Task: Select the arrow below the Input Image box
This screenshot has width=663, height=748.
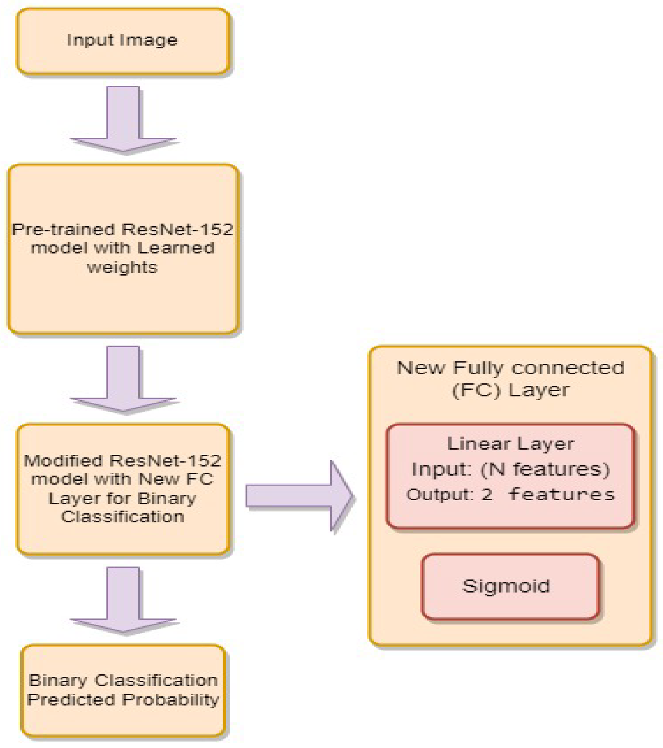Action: [123, 119]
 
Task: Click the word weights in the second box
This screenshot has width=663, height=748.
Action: [122, 267]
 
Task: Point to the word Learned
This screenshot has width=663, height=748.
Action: [176, 248]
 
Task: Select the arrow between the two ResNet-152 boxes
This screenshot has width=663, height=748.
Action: [123, 379]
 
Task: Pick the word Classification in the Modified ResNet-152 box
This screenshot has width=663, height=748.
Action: [123, 517]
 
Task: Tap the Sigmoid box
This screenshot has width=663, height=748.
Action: [510, 586]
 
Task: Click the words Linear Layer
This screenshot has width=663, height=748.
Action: [510, 444]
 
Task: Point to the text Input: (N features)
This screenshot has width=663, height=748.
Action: [510, 469]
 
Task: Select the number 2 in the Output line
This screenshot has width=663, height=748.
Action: [487, 495]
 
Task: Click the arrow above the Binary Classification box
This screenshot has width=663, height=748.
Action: [123, 600]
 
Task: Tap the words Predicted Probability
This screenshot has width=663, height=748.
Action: [123, 700]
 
